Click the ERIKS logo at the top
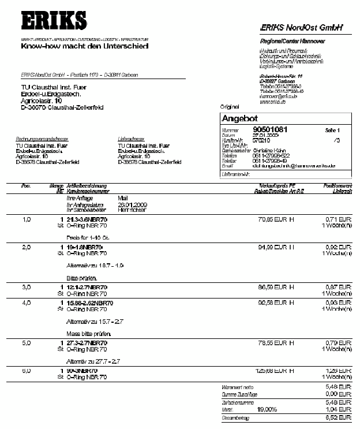pos(54,22)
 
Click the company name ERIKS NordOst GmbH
pos(301,27)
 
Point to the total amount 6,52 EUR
pos(340,417)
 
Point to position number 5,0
pos(26,341)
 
